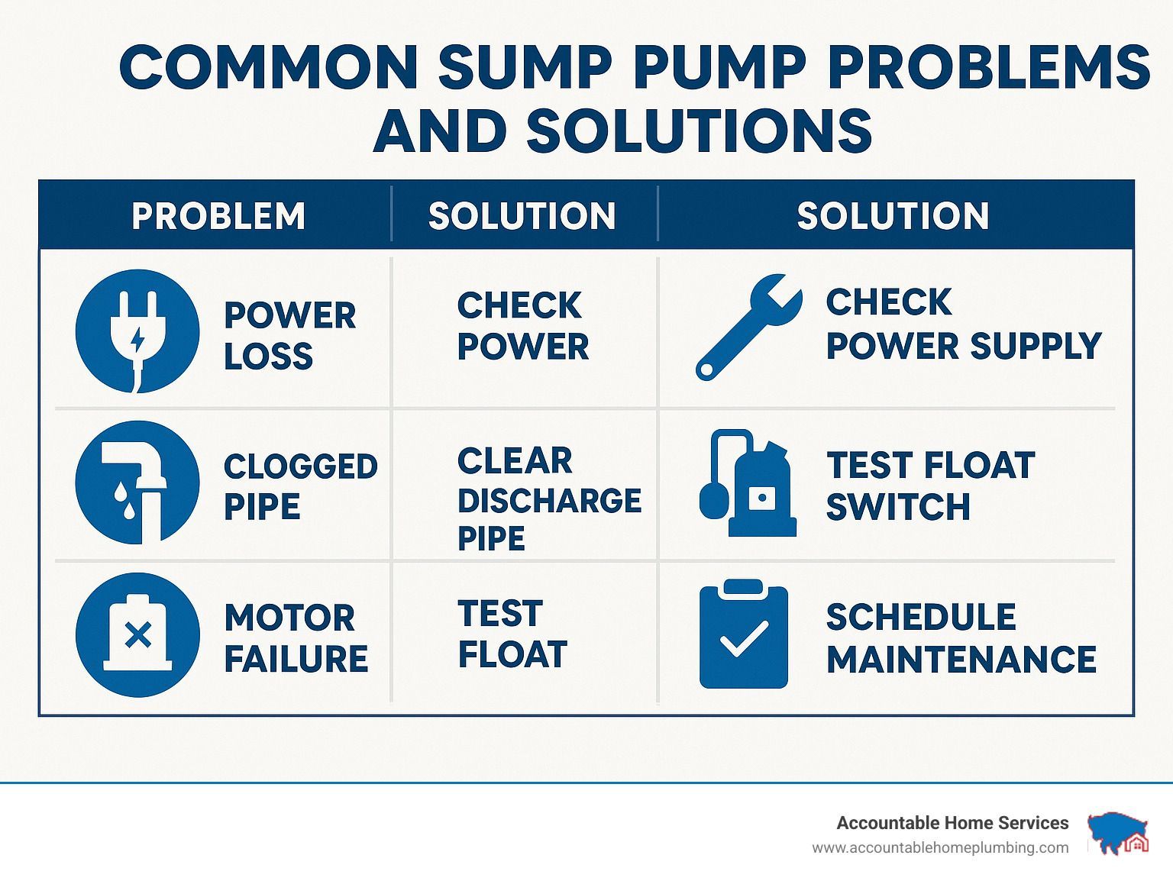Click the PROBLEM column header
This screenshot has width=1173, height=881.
218,216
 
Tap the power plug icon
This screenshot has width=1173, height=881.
137,331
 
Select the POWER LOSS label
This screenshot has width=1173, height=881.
289,335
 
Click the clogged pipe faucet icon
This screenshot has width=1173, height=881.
137,482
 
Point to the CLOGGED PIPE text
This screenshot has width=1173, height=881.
301,486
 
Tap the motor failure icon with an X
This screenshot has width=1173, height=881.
138,634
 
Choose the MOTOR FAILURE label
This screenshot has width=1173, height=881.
296,638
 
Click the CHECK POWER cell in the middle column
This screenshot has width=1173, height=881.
522,326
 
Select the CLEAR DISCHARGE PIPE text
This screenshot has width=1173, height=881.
549,499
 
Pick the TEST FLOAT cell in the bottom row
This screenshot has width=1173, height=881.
512,634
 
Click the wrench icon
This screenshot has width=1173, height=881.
748,327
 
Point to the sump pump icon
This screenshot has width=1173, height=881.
748,483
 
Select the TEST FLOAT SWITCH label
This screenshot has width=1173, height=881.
930,486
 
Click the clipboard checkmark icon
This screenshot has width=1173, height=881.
743,634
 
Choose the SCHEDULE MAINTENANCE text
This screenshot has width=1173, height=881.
961,638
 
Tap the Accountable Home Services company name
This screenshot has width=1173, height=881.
952,823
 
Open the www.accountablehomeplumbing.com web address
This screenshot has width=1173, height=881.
940,848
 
